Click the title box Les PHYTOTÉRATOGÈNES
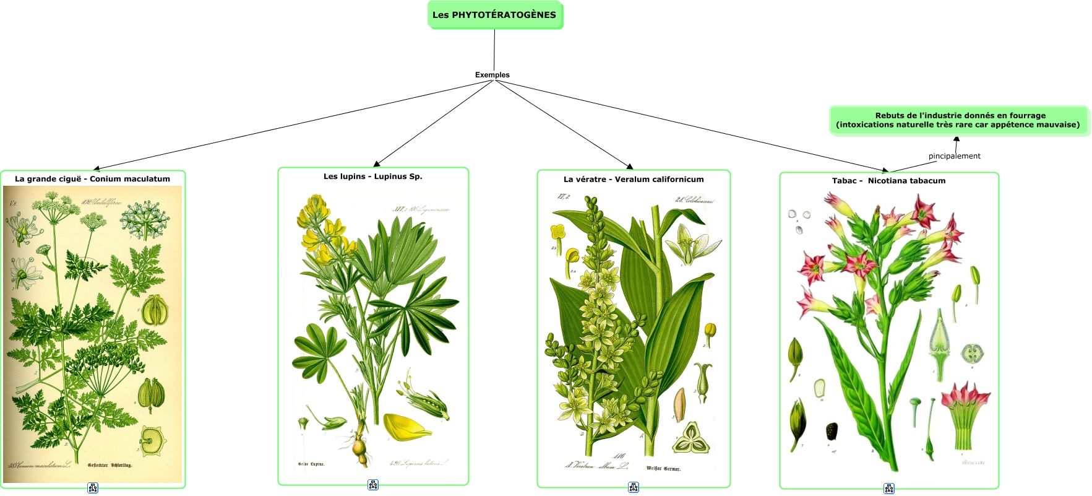494,15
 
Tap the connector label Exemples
492,75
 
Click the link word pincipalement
954,156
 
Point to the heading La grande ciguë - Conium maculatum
92,179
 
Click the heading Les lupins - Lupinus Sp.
372,176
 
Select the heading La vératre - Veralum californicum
634,180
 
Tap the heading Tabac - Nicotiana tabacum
888,181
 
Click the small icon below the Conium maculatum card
93,488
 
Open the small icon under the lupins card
373,485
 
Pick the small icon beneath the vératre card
634,487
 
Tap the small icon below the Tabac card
889,489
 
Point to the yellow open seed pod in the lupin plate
405,427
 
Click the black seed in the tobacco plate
832,431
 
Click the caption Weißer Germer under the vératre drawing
663,469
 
